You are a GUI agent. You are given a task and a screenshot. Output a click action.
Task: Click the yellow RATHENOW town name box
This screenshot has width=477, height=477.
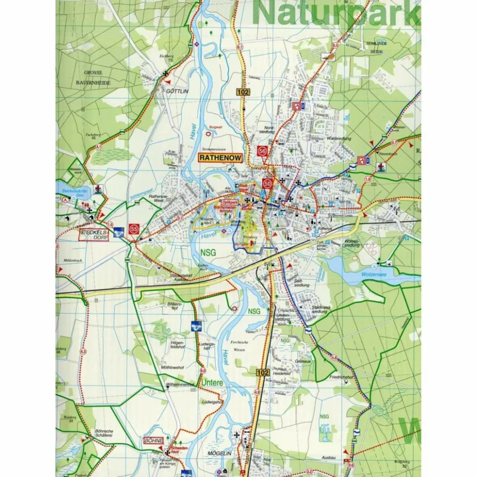point(220,158)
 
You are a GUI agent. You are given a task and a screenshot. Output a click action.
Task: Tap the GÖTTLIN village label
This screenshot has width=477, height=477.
point(177,92)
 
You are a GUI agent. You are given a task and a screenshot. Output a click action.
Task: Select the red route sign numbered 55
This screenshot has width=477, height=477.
point(134,229)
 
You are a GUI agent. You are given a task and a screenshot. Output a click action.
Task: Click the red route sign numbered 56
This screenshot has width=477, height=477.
point(262,151)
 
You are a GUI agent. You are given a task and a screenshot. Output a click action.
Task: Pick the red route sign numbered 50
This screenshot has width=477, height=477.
point(267,184)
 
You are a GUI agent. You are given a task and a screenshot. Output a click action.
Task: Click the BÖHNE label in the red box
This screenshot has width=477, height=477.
point(154,441)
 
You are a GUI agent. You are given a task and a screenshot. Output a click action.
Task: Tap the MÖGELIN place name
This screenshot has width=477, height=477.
point(220,454)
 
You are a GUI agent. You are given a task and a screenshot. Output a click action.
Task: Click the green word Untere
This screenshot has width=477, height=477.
point(213,383)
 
